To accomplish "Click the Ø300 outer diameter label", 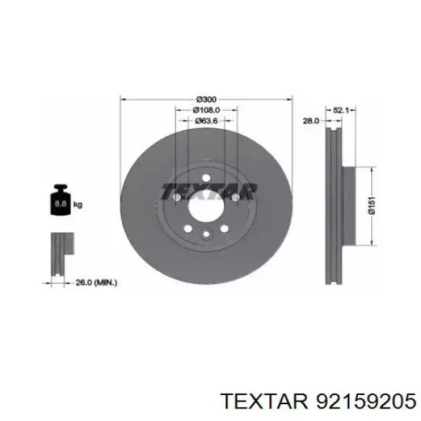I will pos(206,100).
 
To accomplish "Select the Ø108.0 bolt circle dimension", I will pos(206,110).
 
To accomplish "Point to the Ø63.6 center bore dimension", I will pos(206,121).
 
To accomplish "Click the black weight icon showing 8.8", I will pos(60,203).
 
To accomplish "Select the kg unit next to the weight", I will pos(78,205).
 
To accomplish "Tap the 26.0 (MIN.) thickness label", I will pos(96,282).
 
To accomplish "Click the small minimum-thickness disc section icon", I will pos(60,255).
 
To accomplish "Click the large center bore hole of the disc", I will pos(206,207).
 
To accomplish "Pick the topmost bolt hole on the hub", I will pos(206,178).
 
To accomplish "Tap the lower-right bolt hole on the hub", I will pos(225,229).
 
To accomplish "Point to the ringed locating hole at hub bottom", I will pos(206,235).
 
